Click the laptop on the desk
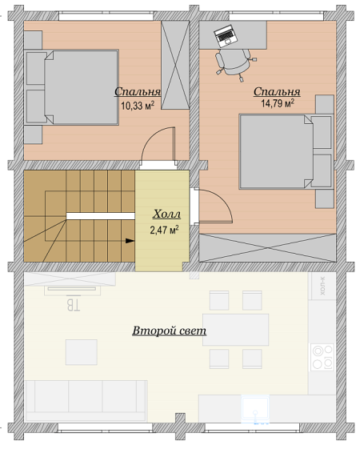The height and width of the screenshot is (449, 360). [x=226, y=36]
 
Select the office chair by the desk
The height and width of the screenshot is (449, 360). [x=234, y=63]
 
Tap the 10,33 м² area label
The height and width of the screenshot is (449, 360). [x=138, y=106]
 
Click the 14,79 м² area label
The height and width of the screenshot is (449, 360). [x=278, y=103]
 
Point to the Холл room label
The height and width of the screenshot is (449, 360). [x=166, y=214]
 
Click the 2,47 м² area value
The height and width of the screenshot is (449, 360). [x=164, y=230]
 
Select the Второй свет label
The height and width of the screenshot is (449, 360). [x=169, y=331]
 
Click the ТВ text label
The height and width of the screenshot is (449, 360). [x=74, y=305]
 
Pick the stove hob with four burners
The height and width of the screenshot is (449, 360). [x=322, y=357]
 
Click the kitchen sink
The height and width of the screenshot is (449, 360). [x=255, y=410]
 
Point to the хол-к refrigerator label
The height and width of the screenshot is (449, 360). [x=322, y=286]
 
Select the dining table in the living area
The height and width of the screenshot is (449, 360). [x=235, y=330]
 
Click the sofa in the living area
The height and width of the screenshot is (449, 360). [x=86, y=401]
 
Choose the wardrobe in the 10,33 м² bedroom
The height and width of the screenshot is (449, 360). [x=175, y=65]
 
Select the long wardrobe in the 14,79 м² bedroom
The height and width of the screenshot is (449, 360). [x=267, y=247]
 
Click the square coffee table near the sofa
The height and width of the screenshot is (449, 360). [x=82, y=352]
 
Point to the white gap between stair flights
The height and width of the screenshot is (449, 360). [x=101, y=216]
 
